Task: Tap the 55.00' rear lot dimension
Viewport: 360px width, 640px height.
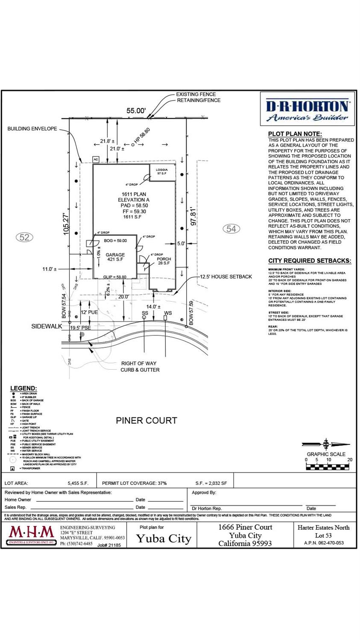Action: [136, 111]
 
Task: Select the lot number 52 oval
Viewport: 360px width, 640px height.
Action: [24, 237]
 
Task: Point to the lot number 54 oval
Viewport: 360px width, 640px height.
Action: [231, 229]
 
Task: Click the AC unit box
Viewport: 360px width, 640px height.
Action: [96, 159]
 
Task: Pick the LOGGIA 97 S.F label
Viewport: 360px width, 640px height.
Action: [162, 171]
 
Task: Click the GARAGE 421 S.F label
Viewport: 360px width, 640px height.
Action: [115, 257]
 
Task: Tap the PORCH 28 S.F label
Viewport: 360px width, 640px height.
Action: [164, 261]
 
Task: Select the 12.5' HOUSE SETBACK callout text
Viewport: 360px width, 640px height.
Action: [226, 277]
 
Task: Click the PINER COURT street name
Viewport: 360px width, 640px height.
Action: [146, 421]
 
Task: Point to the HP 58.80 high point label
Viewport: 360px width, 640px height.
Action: [142, 136]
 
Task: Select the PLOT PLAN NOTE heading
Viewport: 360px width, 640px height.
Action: [295, 134]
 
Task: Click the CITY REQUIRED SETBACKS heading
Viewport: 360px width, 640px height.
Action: [310, 261]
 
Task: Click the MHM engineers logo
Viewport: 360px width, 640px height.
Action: [32, 534]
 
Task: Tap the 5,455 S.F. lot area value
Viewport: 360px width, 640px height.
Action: [78, 483]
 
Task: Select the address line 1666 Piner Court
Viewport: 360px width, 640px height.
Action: [245, 527]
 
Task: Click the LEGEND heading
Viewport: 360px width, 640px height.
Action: [23, 388]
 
